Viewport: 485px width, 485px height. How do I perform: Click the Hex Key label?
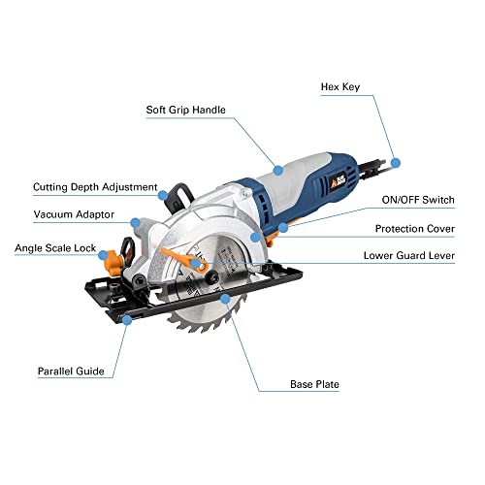pyautogui.click(x=340, y=87)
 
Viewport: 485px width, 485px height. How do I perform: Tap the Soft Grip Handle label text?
pyautogui.click(x=185, y=110)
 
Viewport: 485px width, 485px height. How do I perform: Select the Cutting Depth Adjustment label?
pyautogui.click(x=95, y=187)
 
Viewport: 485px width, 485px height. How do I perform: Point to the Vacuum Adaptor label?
pyautogui.click(x=74, y=214)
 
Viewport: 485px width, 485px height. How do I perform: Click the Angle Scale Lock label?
pyautogui.click(x=55, y=248)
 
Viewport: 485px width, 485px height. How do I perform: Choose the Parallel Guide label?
pyautogui.click(x=71, y=372)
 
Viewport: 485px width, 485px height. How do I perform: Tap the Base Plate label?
pyautogui.click(x=314, y=384)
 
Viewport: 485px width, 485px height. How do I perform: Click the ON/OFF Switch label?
pyautogui.click(x=418, y=200)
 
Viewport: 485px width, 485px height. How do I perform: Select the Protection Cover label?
pyautogui.click(x=415, y=229)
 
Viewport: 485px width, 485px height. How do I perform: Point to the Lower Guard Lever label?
pyautogui.click(x=409, y=256)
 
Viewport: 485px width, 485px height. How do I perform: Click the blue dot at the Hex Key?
pyautogui.click(x=396, y=163)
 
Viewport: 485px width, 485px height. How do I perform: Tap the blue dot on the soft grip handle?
pyautogui.click(x=278, y=170)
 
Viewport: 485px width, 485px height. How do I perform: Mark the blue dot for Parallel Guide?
pyautogui.click(x=127, y=320)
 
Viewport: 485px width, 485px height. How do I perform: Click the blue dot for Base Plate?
pyautogui.click(x=225, y=299)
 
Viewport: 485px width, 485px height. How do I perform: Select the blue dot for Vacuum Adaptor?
pyautogui.click(x=136, y=223)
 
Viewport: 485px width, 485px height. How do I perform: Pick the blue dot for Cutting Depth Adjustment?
pyautogui.click(x=163, y=195)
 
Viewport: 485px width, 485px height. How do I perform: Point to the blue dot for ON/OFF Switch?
pyautogui.click(x=283, y=228)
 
